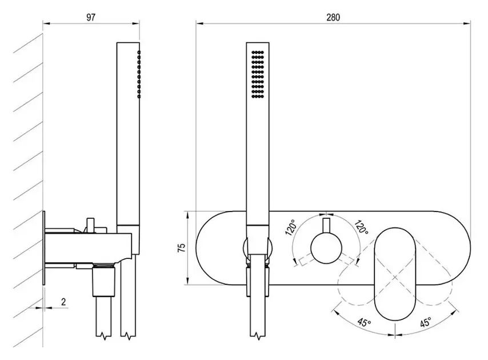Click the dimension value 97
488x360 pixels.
tap(91, 17)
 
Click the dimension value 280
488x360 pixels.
tap(333, 17)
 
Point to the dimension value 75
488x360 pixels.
tap(181, 247)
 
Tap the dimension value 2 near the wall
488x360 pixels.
tap(63, 301)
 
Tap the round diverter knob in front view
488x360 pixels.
tap(326, 249)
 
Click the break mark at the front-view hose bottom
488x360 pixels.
tap(259, 334)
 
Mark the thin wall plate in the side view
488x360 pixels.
tap(43, 248)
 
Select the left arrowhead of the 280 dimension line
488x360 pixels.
tap(198, 23)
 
